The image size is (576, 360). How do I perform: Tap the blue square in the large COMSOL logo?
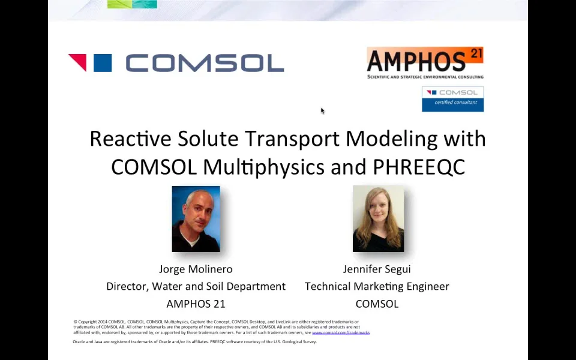coord(103,63)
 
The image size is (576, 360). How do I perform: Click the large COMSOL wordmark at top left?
coord(205,63)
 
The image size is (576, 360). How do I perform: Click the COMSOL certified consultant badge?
coord(452,99)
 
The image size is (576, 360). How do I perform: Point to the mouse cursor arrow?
coord(322,110)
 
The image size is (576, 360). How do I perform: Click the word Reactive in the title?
coord(130,139)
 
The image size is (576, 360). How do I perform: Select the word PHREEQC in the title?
coord(419,166)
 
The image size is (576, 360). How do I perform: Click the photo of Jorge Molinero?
coord(196,219)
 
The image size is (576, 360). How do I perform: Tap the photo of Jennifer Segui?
coord(378,219)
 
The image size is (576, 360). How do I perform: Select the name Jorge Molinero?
coord(196,269)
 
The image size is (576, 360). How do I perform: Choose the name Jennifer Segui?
coord(377,269)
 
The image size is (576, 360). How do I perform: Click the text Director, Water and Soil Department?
coord(196,286)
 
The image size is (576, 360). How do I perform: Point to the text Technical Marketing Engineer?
coord(377,286)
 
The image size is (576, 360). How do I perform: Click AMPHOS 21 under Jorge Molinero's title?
coord(196,304)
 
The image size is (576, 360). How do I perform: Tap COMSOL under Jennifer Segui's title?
coord(377,304)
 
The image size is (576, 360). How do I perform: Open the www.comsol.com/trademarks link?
coord(341,332)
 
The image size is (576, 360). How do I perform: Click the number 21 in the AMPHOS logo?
coord(476,54)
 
